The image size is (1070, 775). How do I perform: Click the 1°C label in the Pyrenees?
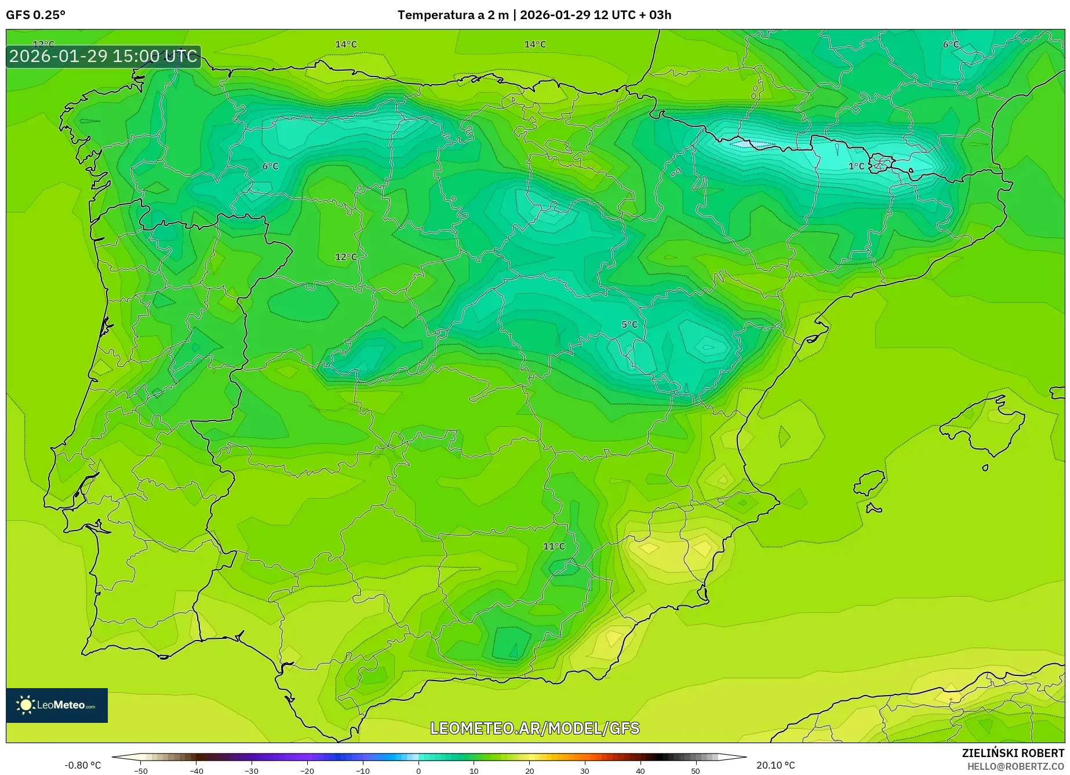click(x=856, y=166)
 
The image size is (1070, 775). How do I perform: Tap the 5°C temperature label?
click(x=629, y=324)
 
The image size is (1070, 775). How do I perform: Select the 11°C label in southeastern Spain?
click(x=554, y=546)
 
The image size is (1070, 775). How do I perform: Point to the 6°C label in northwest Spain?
click(x=270, y=166)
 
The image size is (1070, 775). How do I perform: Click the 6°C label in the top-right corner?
click(x=951, y=45)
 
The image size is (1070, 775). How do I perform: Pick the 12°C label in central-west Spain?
click(x=346, y=257)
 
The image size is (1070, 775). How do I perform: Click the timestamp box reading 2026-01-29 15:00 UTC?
click(x=103, y=56)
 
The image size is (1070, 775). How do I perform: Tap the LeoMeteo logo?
click(x=57, y=705)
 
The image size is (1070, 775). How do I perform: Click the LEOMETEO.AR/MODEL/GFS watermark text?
click(x=534, y=728)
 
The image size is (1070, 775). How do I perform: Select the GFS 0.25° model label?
click(x=36, y=15)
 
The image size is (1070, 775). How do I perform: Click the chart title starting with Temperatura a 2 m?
click(x=534, y=15)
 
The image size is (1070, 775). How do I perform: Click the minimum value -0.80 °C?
click(x=82, y=765)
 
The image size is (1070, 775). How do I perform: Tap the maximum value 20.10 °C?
click(x=776, y=765)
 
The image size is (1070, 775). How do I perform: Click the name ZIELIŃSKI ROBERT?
click(x=1013, y=753)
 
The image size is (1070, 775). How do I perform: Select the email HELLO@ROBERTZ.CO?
click(x=1015, y=766)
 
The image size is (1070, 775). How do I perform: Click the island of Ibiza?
click(x=869, y=483)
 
